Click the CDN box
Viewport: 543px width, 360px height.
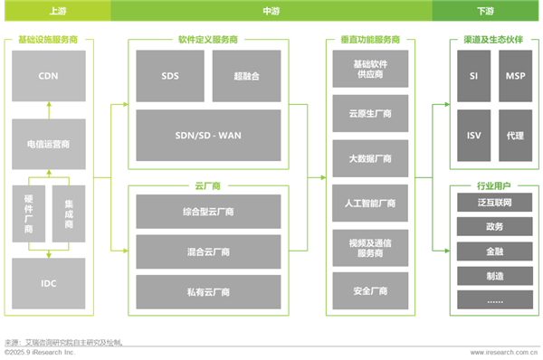click(49, 75)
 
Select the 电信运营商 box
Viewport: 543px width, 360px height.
click(49, 143)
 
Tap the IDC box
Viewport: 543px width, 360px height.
click(49, 283)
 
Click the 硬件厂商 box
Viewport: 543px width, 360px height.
click(29, 213)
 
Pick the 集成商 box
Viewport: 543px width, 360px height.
click(69, 213)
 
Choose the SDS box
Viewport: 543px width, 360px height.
click(170, 75)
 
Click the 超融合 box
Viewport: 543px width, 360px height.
click(246, 75)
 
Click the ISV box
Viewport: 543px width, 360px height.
click(473, 135)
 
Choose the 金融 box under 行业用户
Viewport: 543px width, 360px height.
click(493, 251)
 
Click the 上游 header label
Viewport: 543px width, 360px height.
click(55, 11)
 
